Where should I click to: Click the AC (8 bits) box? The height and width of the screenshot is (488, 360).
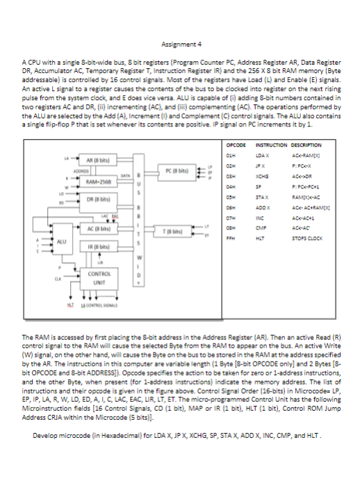(x=95, y=226)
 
